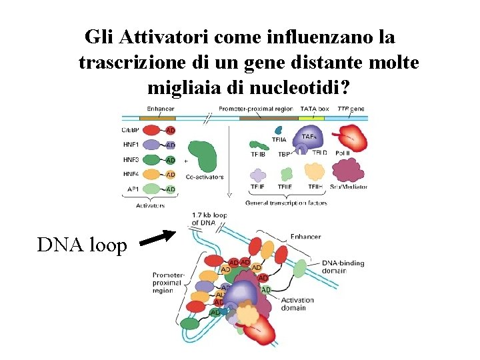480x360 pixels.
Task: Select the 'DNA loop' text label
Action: [x=82, y=245]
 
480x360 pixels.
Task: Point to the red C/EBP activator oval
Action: [x=153, y=130]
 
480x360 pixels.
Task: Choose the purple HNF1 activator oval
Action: [x=153, y=145]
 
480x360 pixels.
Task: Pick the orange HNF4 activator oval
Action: [x=153, y=174]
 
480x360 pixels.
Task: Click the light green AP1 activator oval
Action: [x=153, y=189]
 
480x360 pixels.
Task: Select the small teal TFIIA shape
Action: [x=279, y=131]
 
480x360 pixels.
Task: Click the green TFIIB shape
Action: [x=257, y=143]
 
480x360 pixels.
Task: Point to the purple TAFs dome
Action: [x=308, y=138]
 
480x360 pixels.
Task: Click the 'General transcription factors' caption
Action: [x=286, y=203]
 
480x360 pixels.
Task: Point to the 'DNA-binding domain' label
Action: [x=343, y=267]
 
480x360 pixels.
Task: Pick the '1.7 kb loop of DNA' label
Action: [x=209, y=218]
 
